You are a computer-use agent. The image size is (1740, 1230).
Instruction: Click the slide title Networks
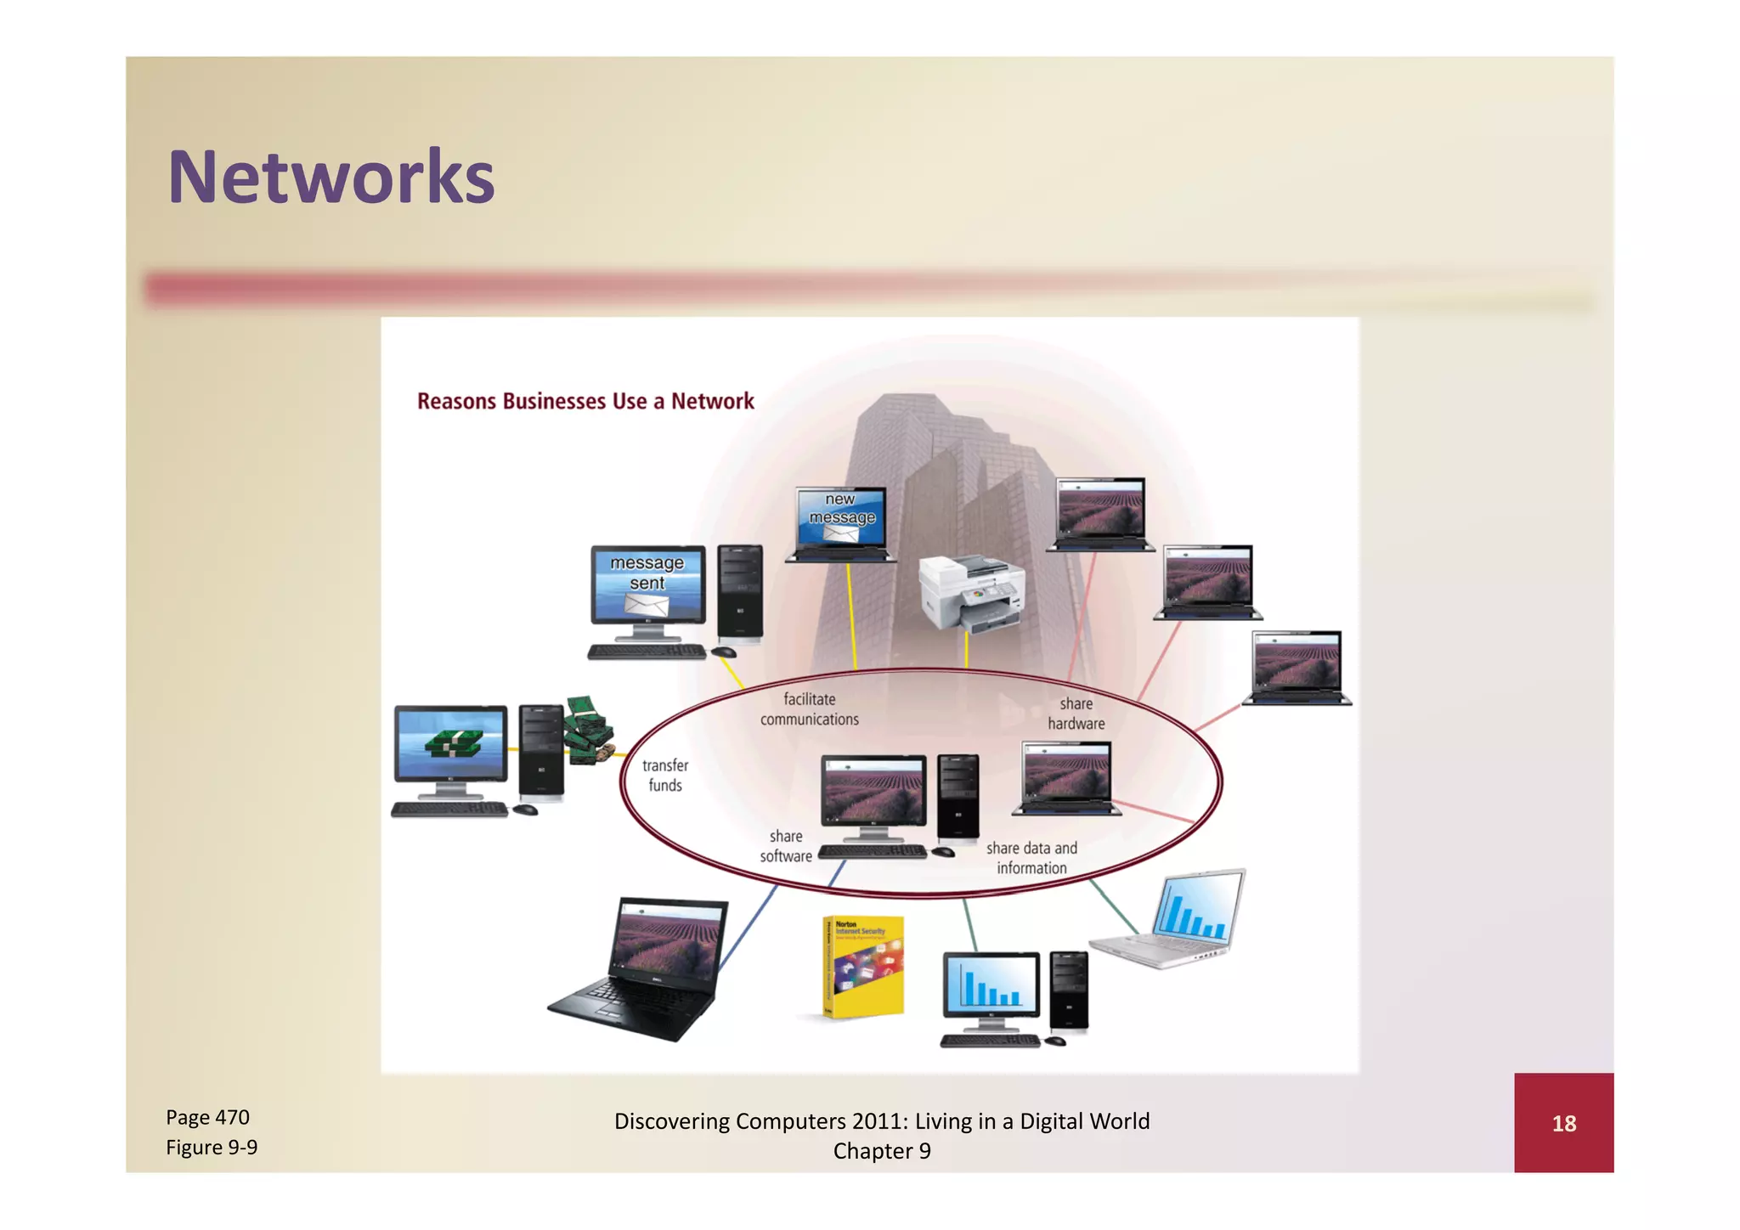tap(330, 178)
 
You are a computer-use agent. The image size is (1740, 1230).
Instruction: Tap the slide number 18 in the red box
tap(1563, 1123)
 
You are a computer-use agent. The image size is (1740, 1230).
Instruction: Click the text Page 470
tap(207, 1117)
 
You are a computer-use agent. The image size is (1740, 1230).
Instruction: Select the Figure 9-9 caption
tap(212, 1148)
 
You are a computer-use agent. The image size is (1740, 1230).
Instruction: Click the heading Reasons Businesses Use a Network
tap(585, 401)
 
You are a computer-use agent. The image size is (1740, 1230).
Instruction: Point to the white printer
tap(972, 591)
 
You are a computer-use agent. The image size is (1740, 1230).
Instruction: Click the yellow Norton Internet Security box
tap(863, 967)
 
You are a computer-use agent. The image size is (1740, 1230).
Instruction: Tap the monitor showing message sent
tap(648, 584)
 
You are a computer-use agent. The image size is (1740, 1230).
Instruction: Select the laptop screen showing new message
tap(841, 516)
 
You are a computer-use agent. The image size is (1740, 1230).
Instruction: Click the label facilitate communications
tap(809, 709)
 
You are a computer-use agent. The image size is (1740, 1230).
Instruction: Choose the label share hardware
tap(1076, 714)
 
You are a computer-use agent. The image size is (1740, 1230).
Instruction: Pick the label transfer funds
tap(665, 776)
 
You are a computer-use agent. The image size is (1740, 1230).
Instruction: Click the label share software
tap(786, 846)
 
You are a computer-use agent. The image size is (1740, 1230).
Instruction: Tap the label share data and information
tap(1031, 858)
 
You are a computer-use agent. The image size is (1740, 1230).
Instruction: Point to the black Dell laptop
tap(646, 968)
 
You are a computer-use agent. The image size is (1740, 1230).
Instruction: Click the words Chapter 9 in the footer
tap(882, 1151)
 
